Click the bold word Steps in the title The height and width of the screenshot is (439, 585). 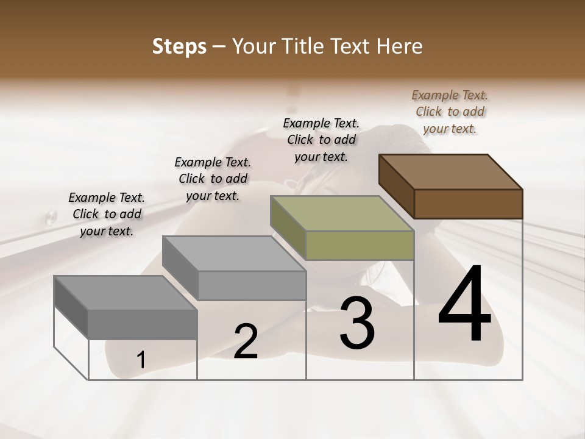pos(179,46)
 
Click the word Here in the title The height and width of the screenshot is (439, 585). pos(400,46)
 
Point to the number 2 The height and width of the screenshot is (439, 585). pos(246,341)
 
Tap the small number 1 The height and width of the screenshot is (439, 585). pos(141,360)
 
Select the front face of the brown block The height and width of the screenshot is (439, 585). pos(468,204)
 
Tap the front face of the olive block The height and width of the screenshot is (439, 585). pos(360,246)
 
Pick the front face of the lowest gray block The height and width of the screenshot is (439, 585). pos(143,324)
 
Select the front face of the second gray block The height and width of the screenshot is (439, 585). pos(252,285)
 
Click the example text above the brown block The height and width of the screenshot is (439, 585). pos(450,112)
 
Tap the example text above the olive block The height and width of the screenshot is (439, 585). pos(322,140)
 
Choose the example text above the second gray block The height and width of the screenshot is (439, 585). pos(213,179)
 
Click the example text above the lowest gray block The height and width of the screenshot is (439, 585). pos(107,214)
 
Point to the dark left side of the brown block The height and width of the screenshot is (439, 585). pos(396,185)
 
